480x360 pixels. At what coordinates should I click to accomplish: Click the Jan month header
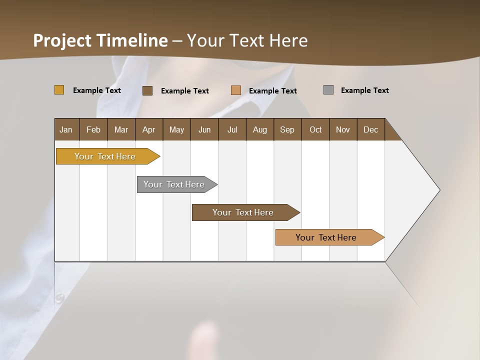point(66,129)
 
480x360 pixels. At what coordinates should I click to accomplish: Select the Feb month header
point(93,129)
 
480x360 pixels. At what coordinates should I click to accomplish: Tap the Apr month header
point(148,129)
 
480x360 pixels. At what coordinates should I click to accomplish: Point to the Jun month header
point(204,129)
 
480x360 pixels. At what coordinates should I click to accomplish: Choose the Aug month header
point(259,129)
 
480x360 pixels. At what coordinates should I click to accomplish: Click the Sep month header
point(287,129)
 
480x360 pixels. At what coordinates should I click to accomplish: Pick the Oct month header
point(315,129)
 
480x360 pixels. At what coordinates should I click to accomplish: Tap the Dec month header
point(370,129)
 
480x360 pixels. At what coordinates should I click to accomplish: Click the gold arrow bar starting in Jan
point(105,156)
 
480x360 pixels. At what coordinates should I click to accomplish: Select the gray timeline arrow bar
point(174,184)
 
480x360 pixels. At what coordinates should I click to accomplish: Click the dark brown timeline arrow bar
point(243,212)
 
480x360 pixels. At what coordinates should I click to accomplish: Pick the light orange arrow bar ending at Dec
point(326,237)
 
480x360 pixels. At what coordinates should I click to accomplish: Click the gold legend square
point(59,90)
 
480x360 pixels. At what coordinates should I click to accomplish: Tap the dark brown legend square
point(147,90)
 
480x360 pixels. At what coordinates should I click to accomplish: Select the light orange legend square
point(236,90)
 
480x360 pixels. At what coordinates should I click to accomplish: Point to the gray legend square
point(328,90)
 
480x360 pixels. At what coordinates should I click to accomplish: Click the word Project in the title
point(62,40)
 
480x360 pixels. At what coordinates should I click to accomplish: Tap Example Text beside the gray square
point(364,90)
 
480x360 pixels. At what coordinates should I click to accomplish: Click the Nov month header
point(343,129)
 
